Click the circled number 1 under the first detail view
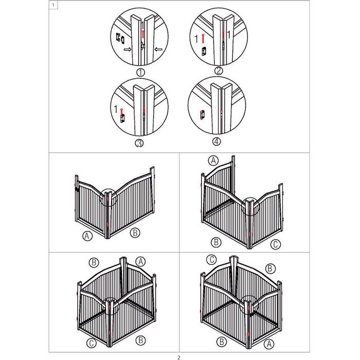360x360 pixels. pyautogui.click(x=140, y=73)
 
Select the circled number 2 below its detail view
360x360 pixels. pyautogui.click(x=219, y=70)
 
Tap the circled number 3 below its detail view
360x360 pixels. pyautogui.click(x=139, y=143)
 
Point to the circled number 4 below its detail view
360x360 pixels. pyautogui.click(x=217, y=141)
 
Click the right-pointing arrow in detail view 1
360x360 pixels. pyautogui.click(x=127, y=49)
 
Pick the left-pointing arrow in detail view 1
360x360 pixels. pyautogui.click(x=158, y=49)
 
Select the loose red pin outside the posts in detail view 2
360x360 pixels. pyautogui.click(x=203, y=38)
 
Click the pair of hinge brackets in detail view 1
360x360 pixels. pyautogui.click(x=120, y=38)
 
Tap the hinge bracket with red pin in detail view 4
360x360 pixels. pyautogui.click(x=202, y=115)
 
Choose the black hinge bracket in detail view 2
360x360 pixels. pyautogui.click(x=204, y=51)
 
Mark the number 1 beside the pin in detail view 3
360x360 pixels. pyautogui.click(x=116, y=109)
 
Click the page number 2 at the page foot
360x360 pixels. pyautogui.click(x=179, y=357)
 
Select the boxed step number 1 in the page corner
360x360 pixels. pyautogui.click(x=53, y=5)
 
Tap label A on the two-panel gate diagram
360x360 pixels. pyautogui.click(x=87, y=236)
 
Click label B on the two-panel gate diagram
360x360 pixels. pyautogui.click(x=135, y=233)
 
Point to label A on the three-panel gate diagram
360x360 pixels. pyautogui.click(x=213, y=160)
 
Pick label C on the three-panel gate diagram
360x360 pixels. pyautogui.click(x=275, y=244)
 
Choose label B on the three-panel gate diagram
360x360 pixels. pyautogui.click(x=216, y=242)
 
